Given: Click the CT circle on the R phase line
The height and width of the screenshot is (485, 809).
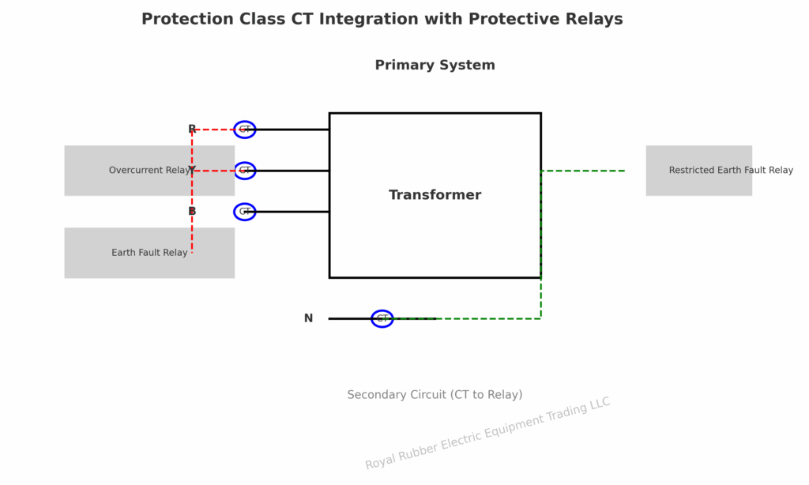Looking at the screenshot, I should tap(245, 130).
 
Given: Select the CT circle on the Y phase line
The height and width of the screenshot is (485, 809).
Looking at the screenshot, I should tap(245, 171).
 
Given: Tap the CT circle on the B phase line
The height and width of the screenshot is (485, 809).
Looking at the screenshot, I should tap(245, 212).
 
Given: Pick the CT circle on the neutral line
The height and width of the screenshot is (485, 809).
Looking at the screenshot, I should tap(382, 318).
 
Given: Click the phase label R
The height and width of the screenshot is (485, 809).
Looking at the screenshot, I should tap(192, 130).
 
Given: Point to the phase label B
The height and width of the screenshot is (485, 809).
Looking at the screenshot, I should tap(192, 212).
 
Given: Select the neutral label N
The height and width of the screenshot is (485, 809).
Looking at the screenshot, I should tap(308, 318).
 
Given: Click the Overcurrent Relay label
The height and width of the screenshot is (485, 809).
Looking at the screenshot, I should tap(149, 171).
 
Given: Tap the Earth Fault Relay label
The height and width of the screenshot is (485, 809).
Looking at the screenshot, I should tap(149, 253).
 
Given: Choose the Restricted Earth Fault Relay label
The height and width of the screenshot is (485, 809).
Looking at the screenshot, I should tap(730, 171).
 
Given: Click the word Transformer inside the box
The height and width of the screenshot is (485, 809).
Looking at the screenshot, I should tap(435, 195).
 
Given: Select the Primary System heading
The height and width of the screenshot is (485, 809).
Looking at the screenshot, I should tap(435, 66).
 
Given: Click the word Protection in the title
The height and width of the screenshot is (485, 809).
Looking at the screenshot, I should tap(186, 20).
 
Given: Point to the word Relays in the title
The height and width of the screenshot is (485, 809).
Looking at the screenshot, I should tap(593, 20).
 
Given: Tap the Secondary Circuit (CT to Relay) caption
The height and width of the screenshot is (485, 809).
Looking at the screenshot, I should tap(435, 395).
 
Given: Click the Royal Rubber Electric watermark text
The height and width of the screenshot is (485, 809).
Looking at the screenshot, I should tap(487, 434).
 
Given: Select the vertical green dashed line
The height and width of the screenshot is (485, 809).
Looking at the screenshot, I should tap(540, 245).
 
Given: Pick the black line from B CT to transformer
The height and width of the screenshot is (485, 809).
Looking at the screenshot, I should tap(292, 212).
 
